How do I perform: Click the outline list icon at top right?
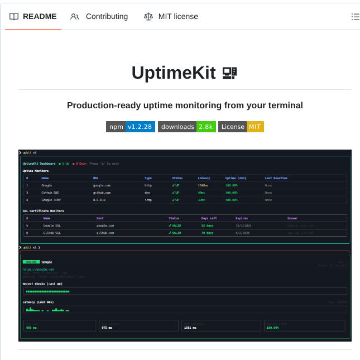click(355, 17)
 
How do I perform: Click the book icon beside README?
click(14, 17)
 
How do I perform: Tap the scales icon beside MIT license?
click(148, 17)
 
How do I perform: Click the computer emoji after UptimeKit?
click(229, 73)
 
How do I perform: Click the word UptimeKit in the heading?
click(174, 73)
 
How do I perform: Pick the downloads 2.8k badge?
click(186, 127)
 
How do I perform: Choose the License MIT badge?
click(241, 127)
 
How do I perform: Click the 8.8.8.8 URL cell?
click(99, 199)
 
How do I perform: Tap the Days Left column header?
click(209, 218)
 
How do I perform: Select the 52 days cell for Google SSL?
click(207, 225)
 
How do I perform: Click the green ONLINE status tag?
click(31, 262)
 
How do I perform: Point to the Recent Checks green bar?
click(48, 291)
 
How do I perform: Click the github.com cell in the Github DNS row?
click(102, 192)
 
